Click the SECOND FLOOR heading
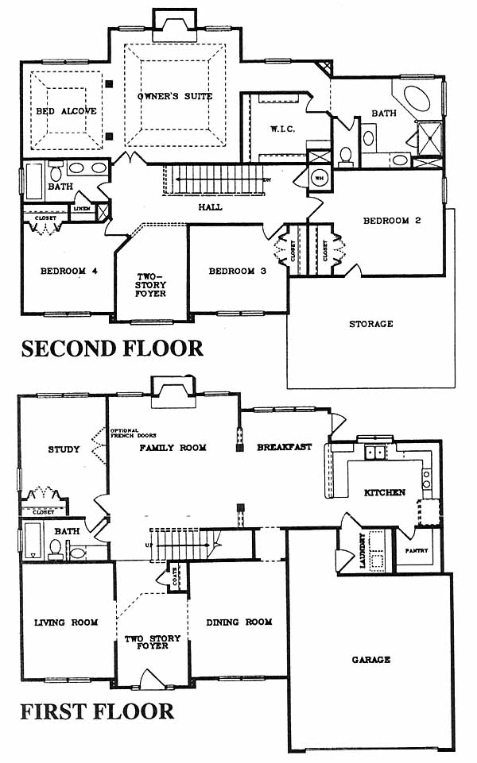point(112,348)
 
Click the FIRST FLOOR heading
point(98,710)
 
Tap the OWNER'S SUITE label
point(175,96)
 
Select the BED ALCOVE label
point(67,111)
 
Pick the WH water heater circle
point(318,177)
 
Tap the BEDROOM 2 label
point(391,221)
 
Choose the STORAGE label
point(371,324)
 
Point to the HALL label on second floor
point(211,207)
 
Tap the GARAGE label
point(371,659)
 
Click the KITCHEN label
point(385,492)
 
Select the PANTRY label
point(417,551)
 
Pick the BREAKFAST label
point(284,448)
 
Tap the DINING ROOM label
point(239,622)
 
